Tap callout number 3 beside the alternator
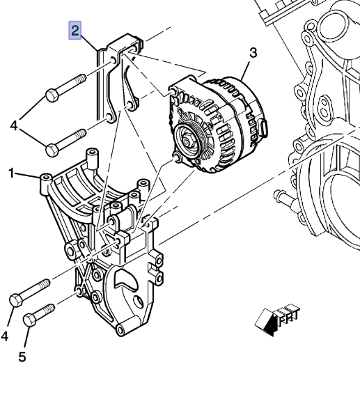(x=253, y=53)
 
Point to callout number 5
(x=22, y=357)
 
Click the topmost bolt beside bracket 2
(x=65, y=89)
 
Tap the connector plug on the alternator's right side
(x=262, y=127)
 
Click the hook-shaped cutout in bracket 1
(x=123, y=278)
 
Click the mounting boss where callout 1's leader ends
(x=46, y=180)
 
